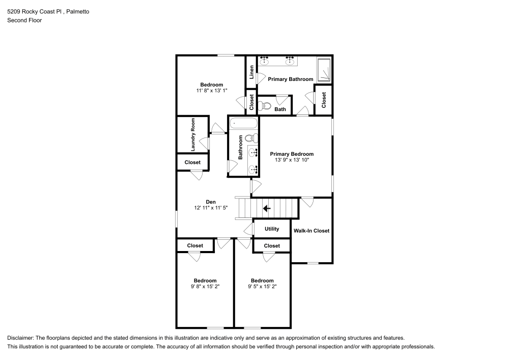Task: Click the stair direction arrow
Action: [266, 208]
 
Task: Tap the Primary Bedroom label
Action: [292, 154]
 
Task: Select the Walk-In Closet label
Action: [311, 231]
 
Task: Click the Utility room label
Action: [272, 229]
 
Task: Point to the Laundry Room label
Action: [193, 135]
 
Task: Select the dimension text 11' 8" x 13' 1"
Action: [211, 91]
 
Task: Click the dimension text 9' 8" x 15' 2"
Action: [205, 287]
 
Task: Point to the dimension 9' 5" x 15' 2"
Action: [262, 287]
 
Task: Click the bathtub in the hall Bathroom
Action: [243, 123]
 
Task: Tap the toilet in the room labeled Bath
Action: [264, 106]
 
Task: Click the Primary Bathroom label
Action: [290, 79]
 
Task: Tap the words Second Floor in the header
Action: [24, 20]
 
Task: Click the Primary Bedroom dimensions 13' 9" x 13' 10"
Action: [292, 160]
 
